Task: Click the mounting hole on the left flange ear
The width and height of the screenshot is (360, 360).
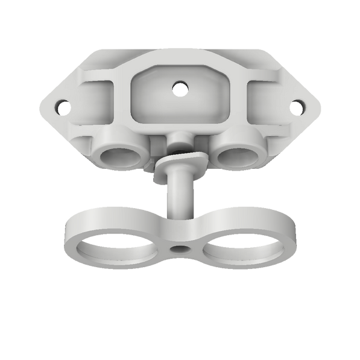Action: click(x=60, y=107)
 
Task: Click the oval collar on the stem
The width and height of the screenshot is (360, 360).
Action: click(x=179, y=165)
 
